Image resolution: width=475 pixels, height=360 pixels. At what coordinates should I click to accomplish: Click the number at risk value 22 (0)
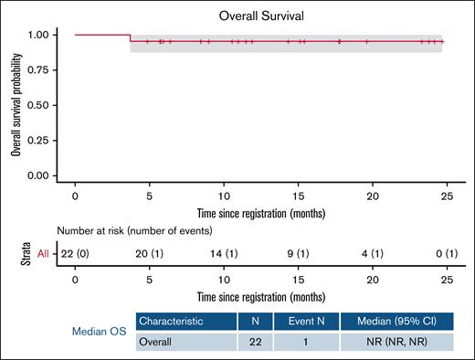coord(75,253)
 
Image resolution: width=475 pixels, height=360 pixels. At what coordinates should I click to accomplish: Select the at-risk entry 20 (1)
coord(149,253)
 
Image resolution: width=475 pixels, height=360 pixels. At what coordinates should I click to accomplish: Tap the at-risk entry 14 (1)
coord(224,253)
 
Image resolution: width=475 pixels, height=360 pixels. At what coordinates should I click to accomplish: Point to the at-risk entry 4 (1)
coord(373,253)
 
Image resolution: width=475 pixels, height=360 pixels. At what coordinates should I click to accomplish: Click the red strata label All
coord(42,253)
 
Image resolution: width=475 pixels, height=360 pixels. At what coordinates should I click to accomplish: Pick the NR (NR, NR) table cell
coord(396,341)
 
